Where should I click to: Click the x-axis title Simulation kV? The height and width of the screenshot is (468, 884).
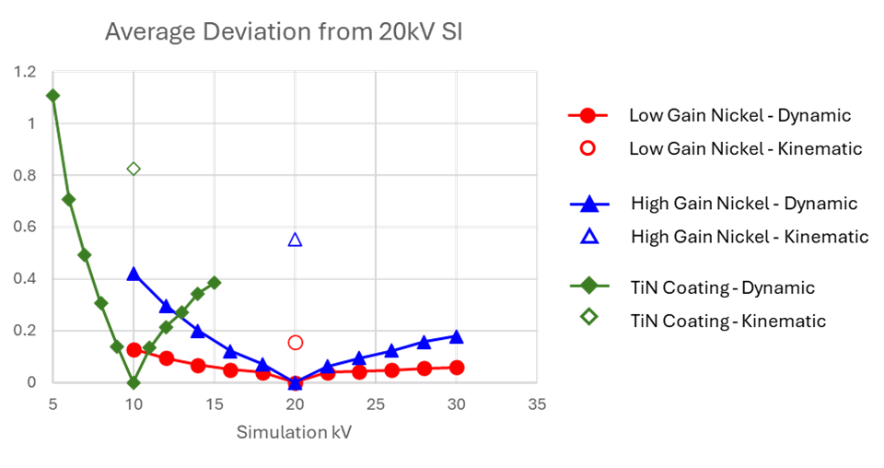pos(294,431)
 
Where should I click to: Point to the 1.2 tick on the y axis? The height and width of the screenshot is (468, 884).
pos(26,72)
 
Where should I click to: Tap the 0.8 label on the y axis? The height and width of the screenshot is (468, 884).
pos(26,175)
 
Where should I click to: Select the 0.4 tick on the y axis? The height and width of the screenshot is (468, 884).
pos(26,278)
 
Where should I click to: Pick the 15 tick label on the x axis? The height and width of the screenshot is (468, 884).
pos(214,404)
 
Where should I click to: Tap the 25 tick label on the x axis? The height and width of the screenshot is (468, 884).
pos(376,404)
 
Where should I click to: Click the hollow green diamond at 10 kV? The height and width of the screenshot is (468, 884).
pos(134,169)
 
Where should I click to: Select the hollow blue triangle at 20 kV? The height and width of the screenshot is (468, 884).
pos(295,240)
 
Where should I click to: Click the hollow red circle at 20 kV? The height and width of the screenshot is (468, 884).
pos(295,342)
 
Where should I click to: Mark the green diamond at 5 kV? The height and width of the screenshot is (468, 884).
pos(52,95)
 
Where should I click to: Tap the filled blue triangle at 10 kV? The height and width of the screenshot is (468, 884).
pos(134,274)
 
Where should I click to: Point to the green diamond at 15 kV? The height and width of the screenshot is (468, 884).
pos(214,282)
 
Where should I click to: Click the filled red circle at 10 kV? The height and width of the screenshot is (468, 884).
pos(134,350)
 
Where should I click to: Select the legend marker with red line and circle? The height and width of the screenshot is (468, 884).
pos(587,115)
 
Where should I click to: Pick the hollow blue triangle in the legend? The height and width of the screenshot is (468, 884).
pos(588,237)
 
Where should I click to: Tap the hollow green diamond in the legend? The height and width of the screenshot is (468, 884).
pos(588,316)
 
